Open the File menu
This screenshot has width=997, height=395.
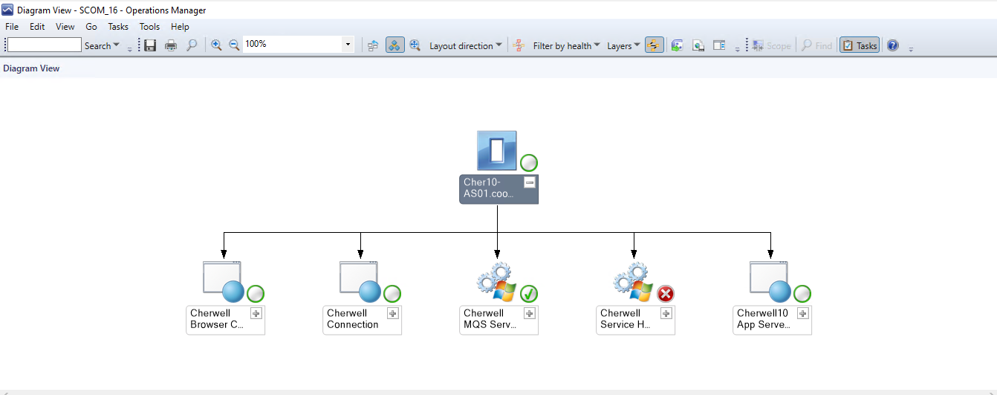point(12,27)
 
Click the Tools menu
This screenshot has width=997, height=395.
point(149,27)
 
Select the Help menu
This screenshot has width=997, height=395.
point(180,27)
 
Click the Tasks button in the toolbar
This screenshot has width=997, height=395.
point(860,45)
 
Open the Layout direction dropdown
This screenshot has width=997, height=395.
point(466,45)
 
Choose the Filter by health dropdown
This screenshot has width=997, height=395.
point(566,45)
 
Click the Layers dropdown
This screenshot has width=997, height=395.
point(623,45)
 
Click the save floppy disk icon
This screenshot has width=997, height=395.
point(150,45)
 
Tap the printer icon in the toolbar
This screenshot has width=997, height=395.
point(171,45)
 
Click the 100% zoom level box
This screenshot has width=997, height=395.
point(293,45)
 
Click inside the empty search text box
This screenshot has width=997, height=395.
point(44,45)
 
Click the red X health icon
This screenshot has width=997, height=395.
point(666,294)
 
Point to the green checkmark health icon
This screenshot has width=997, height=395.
point(529,294)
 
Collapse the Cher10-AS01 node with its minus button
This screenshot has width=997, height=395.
point(530,182)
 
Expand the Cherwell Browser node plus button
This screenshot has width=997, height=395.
point(256,313)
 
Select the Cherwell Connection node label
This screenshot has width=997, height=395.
point(354,319)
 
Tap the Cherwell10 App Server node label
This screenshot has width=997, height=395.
point(763,319)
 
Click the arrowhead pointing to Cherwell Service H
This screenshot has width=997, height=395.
point(634,253)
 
